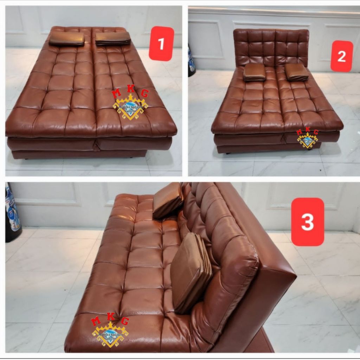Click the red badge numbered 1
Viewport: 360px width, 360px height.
(x=161, y=44)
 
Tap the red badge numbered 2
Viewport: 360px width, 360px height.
(x=341, y=56)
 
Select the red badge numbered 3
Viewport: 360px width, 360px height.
(x=308, y=221)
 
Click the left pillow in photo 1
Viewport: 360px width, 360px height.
(x=67, y=39)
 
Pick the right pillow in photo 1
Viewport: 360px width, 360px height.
(x=113, y=38)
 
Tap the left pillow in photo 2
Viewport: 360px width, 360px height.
(x=255, y=72)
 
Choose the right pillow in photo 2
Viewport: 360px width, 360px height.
(x=296, y=72)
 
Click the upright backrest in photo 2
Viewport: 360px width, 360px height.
(x=271, y=47)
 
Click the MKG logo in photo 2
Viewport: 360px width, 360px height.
(x=308, y=139)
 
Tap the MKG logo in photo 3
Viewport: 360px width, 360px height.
(x=110, y=330)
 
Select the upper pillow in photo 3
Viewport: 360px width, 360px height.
(x=168, y=200)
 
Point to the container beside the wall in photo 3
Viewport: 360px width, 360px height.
(x=13, y=213)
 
